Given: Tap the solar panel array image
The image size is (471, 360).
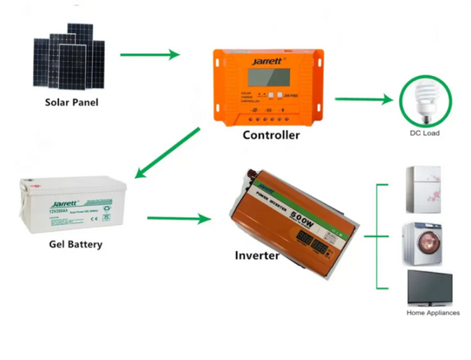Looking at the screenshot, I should coord(69,59).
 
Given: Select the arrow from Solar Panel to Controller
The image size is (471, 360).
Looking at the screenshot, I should coord(150,55).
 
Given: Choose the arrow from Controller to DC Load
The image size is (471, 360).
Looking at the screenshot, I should coord(363,100).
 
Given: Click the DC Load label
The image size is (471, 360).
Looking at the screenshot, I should coord(425,133).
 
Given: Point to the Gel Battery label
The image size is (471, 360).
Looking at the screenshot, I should coord(75,244).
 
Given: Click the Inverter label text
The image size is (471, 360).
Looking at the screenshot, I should coord(257,256).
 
